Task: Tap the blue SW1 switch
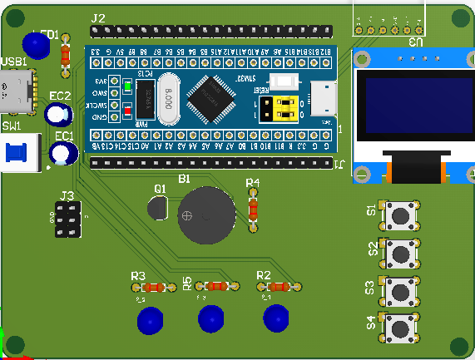coord(17,153)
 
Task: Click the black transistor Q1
coord(158,208)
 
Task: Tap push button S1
coord(399,215)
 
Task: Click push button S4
coord(399,327)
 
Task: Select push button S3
coord(399,289)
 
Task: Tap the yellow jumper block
coord(276,106)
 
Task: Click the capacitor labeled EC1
coord(63,152)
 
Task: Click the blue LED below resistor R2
coord(276,318)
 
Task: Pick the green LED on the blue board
coord(127,86)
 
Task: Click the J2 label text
coord(98,17)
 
